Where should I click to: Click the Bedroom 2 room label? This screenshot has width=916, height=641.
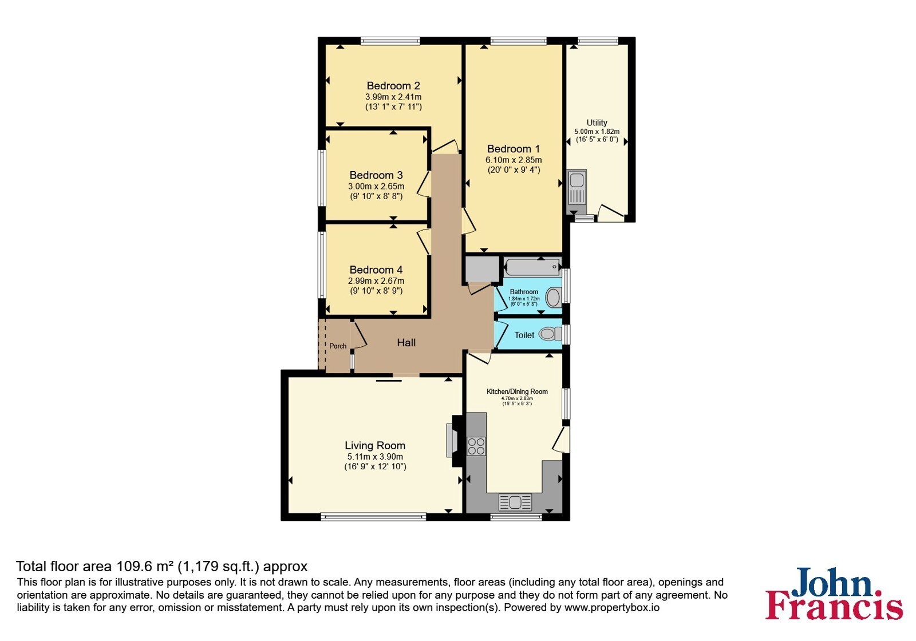393,86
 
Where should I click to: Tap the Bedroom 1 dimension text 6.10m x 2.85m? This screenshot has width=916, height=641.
514,160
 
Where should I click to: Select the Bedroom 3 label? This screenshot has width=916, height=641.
376,175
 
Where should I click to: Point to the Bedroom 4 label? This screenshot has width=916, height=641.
376,270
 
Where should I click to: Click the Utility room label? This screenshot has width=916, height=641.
597,122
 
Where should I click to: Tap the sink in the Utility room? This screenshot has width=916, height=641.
577,191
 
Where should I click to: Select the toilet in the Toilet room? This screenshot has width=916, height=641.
550,334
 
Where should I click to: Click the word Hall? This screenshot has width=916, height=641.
406,343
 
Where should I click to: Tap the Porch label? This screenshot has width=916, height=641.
338,346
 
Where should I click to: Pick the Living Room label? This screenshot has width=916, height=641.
375,446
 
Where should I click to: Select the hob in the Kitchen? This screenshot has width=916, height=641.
476,446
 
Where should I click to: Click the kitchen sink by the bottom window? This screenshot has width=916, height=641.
515,502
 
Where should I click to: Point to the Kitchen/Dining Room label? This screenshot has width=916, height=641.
517,391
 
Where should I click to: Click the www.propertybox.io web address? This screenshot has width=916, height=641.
612,607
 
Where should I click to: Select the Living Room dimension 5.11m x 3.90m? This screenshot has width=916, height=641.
375,457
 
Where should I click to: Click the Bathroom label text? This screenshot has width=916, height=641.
524,292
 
